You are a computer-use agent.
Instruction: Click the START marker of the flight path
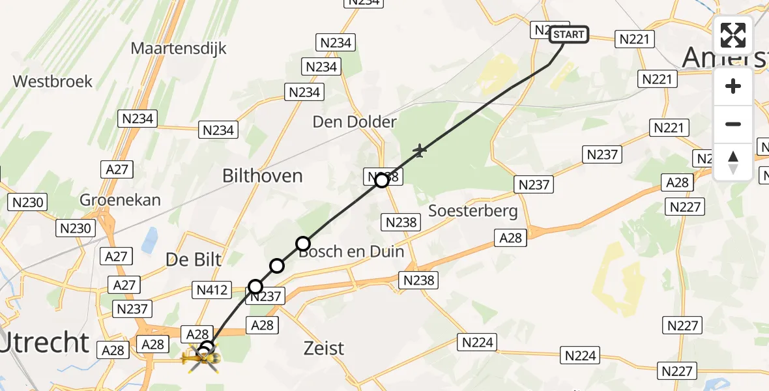570,35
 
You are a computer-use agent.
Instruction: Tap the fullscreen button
733,35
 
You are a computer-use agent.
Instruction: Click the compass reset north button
733,162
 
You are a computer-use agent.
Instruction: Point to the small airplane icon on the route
420,152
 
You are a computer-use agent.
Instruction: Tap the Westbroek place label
53,81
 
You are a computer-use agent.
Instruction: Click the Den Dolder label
355,122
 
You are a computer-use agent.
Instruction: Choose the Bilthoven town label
263,175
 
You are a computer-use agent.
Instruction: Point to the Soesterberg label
474,210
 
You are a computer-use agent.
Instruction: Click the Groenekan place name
120,199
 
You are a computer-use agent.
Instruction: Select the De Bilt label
194,259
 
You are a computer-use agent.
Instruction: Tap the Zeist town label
324,348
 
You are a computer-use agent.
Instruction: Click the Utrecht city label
44,342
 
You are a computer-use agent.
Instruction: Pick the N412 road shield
212,289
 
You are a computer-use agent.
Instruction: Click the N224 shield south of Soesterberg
478,341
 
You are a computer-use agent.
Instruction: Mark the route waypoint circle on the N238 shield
382,181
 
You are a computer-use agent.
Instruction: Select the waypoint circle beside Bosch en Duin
303,244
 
